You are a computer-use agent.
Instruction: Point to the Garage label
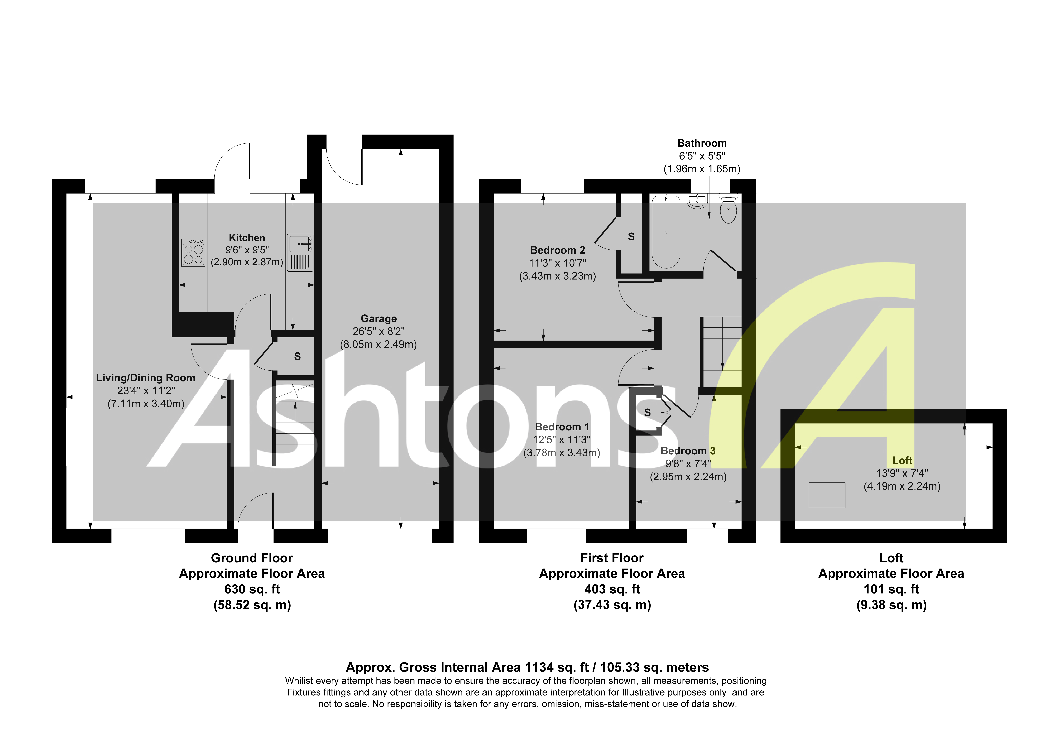click(379, 319)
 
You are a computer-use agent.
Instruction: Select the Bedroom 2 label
click(558, 250)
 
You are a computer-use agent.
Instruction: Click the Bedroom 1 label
click(562, 427)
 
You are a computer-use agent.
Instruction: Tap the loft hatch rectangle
click(827, 495)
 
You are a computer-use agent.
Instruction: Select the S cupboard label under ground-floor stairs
click(298, 356)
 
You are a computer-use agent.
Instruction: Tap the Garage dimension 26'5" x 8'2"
click(379, 332)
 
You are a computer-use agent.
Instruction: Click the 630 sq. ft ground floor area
click(252, 589)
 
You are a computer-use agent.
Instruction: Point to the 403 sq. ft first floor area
click(612, 589)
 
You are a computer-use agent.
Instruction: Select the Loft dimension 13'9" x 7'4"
click(902, 473)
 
